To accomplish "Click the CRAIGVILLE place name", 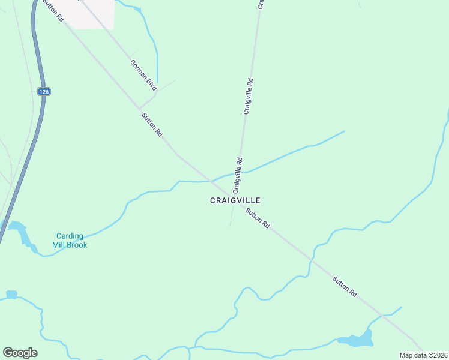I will coord(235,200).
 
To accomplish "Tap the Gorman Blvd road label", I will coord(143,74).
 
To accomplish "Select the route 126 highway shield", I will coord(43,91).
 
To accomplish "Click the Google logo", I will coord(20,352).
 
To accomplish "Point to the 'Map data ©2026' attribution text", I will coord(423,355).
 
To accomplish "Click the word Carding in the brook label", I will coord(70,236).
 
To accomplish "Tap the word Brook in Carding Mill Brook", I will coord(77,245).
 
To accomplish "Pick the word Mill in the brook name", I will coord(58,245).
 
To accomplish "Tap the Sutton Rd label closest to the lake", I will coord(346,286).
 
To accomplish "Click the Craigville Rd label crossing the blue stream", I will coord(239,175).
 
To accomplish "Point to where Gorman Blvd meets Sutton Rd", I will coord(140,107).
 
